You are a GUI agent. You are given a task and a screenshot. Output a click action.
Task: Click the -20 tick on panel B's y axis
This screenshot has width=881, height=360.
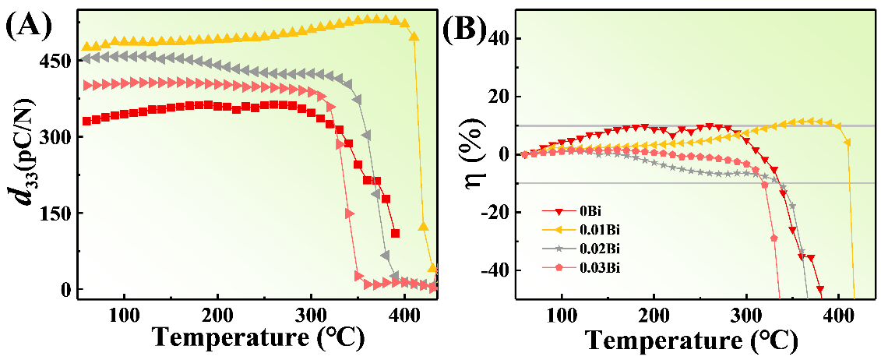pos(492,213)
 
